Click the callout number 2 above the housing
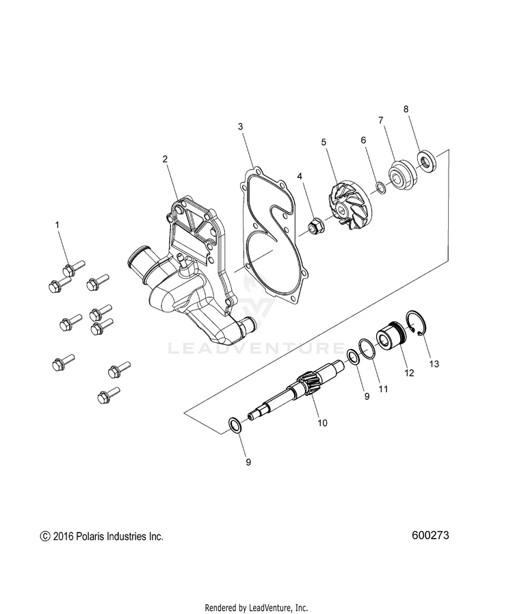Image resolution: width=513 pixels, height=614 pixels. point(165,159)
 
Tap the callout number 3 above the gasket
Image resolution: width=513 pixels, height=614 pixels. point(240,127)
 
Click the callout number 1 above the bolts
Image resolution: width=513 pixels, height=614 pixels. point(57,224)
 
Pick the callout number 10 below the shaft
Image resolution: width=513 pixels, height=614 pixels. point(321,423)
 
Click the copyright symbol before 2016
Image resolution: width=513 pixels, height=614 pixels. point(45,537)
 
